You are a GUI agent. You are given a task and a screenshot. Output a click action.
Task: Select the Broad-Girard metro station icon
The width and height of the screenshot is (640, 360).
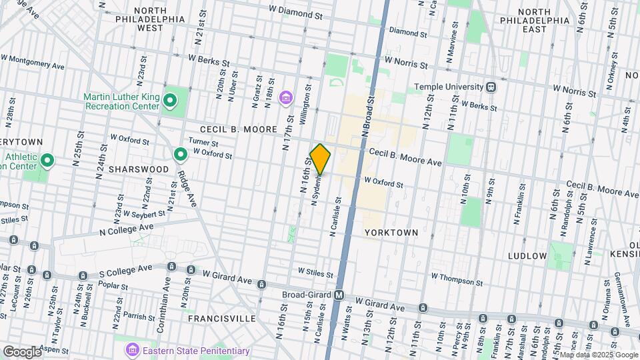point(339,295)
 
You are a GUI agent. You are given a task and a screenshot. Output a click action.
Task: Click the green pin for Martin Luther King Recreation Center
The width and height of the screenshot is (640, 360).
point(169,101)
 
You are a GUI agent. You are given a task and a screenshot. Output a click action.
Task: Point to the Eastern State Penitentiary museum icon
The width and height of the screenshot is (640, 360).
point(132,350)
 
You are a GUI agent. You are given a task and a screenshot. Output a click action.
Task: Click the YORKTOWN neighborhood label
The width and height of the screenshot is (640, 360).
point(391,232)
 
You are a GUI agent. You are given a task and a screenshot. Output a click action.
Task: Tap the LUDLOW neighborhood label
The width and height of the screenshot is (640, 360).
point(527,256)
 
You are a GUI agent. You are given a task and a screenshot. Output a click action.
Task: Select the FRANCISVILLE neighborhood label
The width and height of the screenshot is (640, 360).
point(221,319)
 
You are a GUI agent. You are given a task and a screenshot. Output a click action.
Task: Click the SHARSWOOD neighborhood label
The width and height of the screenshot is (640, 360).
point(139,169)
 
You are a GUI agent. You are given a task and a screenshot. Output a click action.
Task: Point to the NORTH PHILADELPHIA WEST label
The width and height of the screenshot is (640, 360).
point(160,19)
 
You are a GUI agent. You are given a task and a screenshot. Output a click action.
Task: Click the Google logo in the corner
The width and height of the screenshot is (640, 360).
point(22,351)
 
